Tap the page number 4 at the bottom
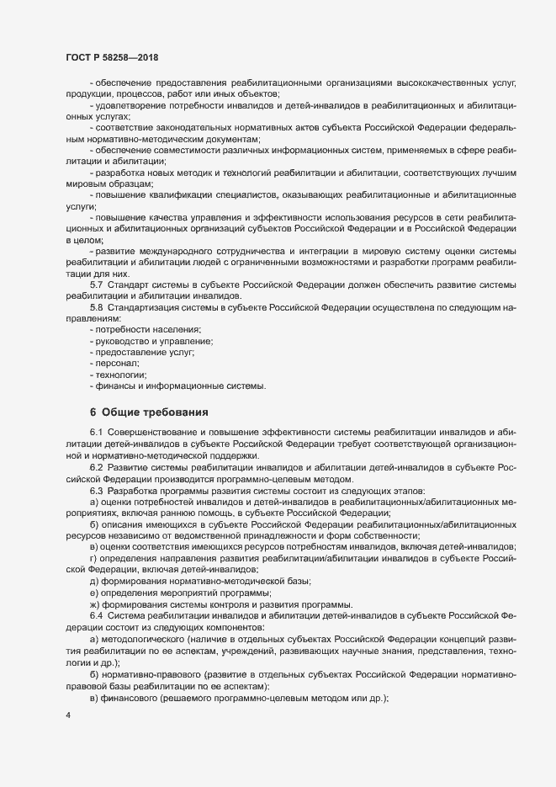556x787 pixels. tap(68, 715)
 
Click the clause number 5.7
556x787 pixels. tap(97, 285)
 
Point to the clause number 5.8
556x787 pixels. tap(97, 308)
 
